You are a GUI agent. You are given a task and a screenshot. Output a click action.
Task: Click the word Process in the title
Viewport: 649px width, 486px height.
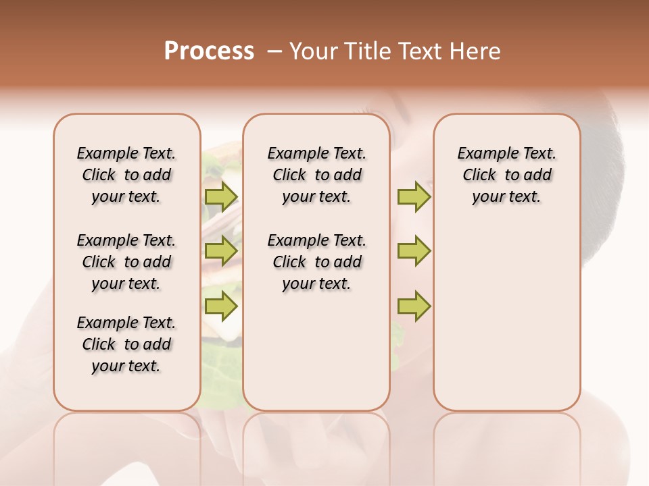pyautogui.click(x=208, y=51)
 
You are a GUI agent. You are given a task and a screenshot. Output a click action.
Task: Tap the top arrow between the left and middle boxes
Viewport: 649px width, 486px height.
pyautogui.click(x=221, y=196)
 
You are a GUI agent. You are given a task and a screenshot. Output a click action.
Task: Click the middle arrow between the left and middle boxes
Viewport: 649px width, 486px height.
pyautogui.click(x=221, y=251)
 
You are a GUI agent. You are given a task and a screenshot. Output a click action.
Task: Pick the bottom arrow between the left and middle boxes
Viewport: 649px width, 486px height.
pyautogui.click(x=221, y=306)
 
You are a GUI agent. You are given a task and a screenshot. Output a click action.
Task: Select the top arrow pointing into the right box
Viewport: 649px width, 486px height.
pyautogui.click(x=414, y=196)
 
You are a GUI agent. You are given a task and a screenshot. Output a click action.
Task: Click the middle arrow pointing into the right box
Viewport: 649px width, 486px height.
pyautogui.click(x=414, y=251)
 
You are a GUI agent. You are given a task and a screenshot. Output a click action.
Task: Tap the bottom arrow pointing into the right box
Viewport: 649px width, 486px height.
pyautogui.click(x=414, y=306)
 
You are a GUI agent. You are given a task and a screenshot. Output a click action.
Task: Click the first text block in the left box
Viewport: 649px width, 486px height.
pyautogui.click(x=126, y=175)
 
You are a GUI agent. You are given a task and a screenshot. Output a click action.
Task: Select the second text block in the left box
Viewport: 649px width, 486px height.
pyautogui.click(x=126, y=262)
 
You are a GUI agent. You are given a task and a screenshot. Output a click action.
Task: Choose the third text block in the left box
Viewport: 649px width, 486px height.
pyautogui.click(x=126, y=344)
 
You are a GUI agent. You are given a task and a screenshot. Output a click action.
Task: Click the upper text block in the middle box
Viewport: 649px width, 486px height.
pyautogui.click(x=316, y=175)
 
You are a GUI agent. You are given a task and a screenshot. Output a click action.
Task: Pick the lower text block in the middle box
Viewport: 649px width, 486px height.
pyautogui.click(x=316, y=262)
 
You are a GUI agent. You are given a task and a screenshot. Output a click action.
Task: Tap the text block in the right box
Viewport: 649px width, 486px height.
pyautogui.click(x=506, y=175)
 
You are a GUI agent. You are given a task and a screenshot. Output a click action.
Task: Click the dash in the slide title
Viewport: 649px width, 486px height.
pyautogui.click(x=274, y=51)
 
